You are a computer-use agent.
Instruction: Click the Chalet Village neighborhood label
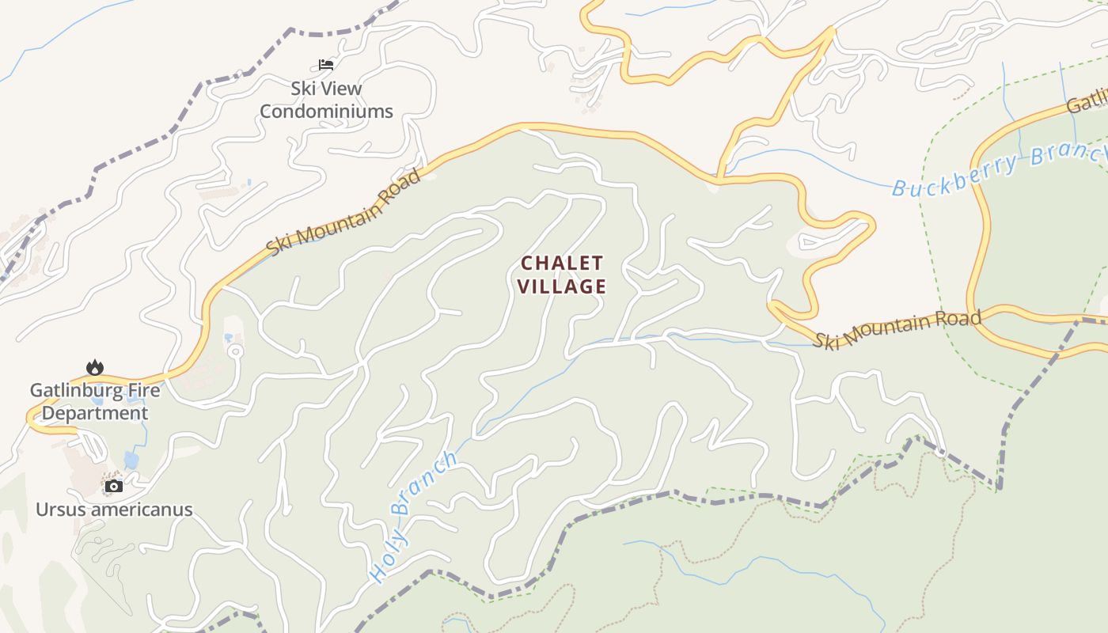coord(563,275)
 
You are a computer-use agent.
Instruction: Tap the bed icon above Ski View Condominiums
coord(326,64)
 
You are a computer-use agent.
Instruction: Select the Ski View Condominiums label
coord(326,100)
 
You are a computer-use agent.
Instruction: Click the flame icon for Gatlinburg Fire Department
coord(95,367)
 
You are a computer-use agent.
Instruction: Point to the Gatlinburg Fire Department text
coord(95,401)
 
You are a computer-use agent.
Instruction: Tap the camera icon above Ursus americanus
coord(114,486)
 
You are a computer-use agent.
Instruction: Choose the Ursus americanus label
coord(114,509)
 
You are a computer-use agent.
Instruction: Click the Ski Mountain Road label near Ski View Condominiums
coord(344,211)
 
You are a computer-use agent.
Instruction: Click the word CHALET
coord(563,263)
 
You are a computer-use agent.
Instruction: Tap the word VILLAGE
coord(563,286)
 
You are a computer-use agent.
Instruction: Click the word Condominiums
coord(326,112)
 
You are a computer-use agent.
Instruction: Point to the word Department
coord(95,413)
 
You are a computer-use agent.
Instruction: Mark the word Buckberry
coord(955,178)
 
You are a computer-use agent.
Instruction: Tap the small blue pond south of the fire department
coord(131,460)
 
